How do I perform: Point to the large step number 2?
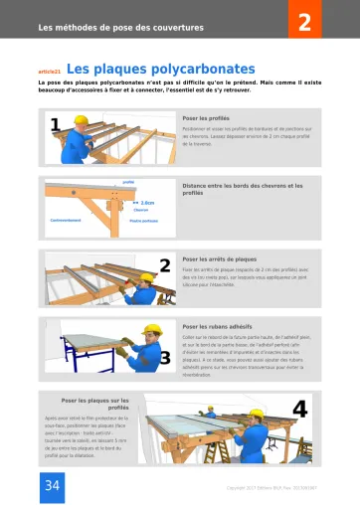165,263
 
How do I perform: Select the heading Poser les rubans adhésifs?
218,324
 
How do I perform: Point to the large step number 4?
299,408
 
